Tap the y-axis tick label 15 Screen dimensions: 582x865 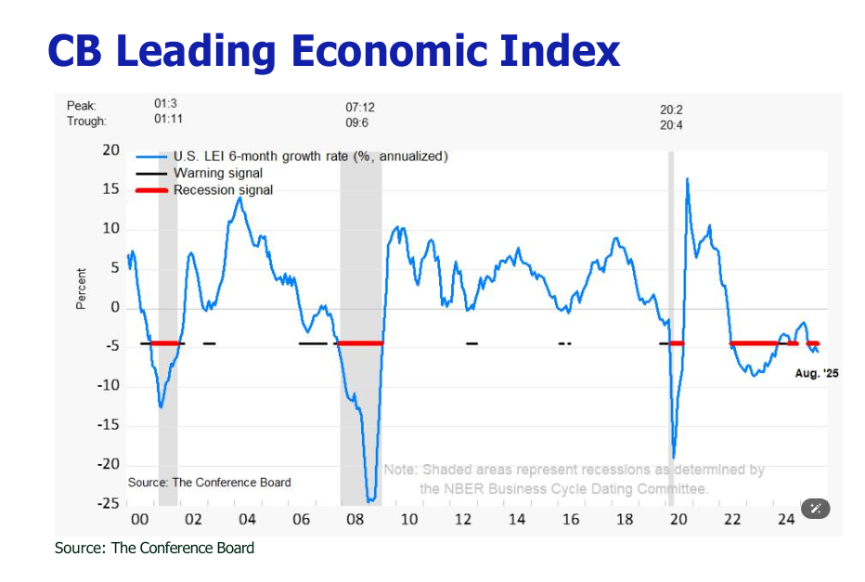click(x=110, y=189)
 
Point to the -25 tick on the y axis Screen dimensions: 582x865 click(x=108, y=504)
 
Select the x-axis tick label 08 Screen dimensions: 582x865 click(x=355, y=519)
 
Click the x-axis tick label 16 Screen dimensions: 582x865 click(x=571, y=519)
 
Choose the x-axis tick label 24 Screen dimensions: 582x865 click(x=786, y=519)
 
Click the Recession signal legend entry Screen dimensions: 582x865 click(x=223, y=190)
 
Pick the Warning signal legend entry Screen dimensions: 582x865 click(x=217, y=173)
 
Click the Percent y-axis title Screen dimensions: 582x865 click(x=82, y=289)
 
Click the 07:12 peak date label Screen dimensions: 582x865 click(x=360, y=108)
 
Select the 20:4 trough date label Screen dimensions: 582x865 click(x=671, y=124)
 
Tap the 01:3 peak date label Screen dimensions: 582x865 click(x=165, y=105)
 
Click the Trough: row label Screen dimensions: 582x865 click(x=86, y=122)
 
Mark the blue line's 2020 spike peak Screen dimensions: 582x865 click(x=687, y=178)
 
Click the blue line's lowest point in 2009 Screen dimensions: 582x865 click(x=371, y=501)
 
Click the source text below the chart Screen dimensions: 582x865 click(x=154, y=548)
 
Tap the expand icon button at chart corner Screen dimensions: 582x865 click(x=816, y=508)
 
